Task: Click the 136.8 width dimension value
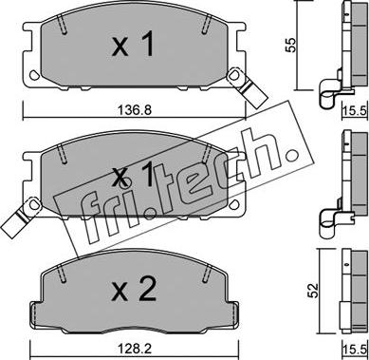(135, 111)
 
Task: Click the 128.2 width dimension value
(135, 350)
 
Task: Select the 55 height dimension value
(290, 45)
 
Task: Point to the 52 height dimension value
(314, 291)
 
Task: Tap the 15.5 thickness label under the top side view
(355, 111)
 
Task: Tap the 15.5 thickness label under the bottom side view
(355, 351)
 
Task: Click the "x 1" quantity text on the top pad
(133, 45)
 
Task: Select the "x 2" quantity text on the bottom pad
(134, 289)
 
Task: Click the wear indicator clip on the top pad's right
(248, 85)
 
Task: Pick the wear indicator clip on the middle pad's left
(20, 217)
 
